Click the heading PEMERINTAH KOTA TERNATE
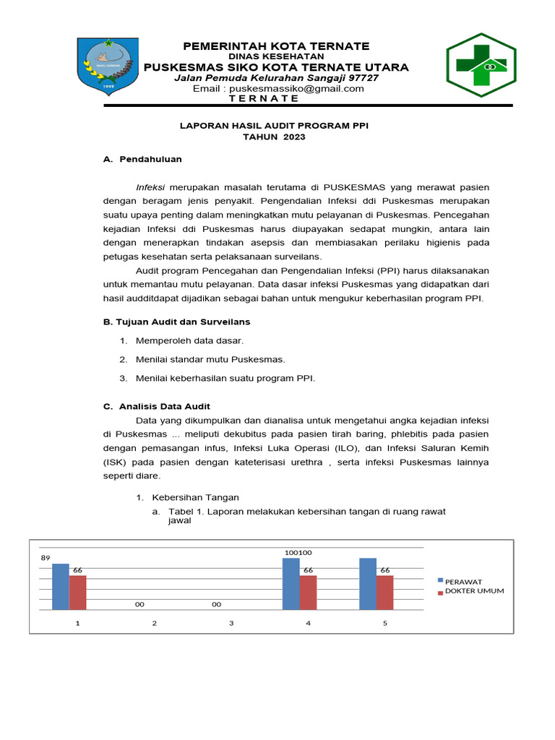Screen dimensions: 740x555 (277, 46)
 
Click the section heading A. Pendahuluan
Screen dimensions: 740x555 (142, 159)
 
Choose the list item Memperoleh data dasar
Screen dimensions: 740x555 (189, 340)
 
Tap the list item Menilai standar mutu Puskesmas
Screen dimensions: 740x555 (210, 359)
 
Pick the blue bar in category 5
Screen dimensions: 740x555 (368, 584)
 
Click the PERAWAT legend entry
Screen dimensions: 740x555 (462, 582)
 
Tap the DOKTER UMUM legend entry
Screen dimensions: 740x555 (473, 591)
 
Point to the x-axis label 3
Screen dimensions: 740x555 (231, 623)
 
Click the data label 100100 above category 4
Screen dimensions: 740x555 (298, 553)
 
